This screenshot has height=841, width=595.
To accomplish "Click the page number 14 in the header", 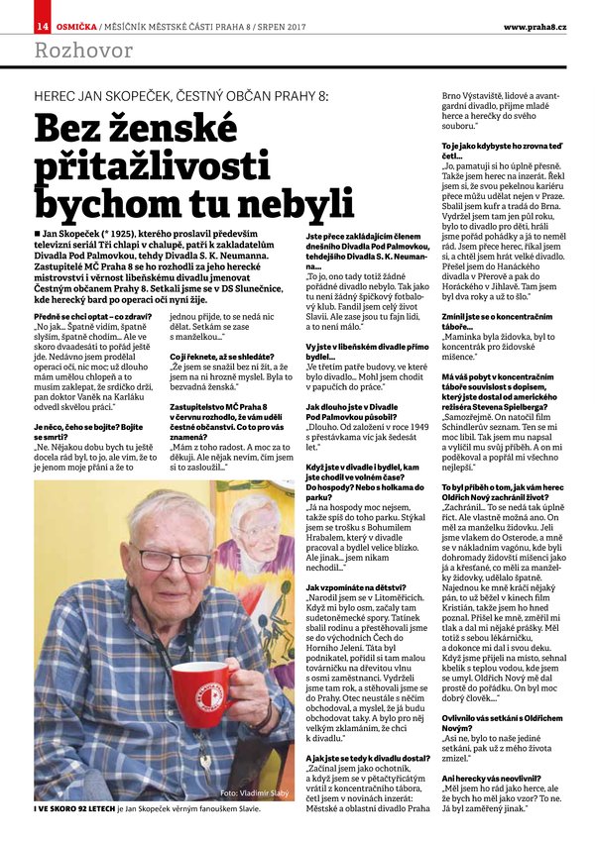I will pyautogui.click(x=43, y=24).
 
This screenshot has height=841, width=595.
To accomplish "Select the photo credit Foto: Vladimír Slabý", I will pyautogui.click(x=256, y=820).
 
